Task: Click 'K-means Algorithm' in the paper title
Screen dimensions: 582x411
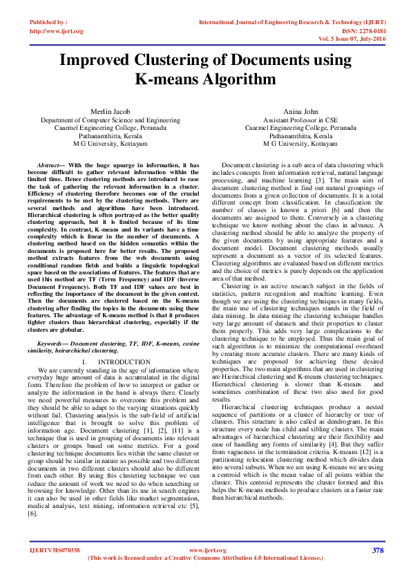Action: point(205,80)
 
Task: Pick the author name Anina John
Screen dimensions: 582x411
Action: point(300,111)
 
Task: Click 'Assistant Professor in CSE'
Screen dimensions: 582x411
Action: point(300,120)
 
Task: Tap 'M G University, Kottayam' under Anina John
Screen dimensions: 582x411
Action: point(300,144)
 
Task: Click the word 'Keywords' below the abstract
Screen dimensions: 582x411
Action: point(54,344)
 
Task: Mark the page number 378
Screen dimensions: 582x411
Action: point(377,550)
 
